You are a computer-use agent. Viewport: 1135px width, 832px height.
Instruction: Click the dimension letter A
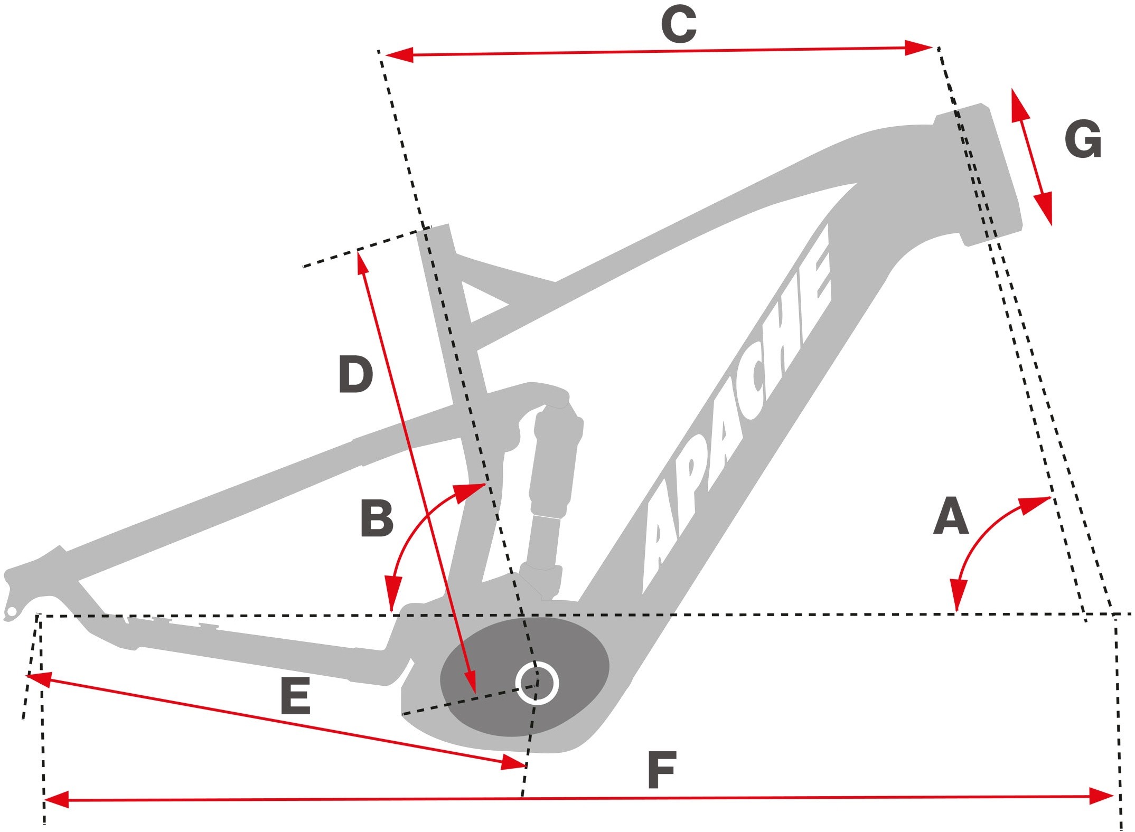coord(951,516)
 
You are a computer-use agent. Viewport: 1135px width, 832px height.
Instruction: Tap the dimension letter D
coord(355,374)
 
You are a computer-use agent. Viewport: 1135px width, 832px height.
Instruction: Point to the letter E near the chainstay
coord(295,696)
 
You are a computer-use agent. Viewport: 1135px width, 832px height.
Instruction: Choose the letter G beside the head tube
coord(1083,139)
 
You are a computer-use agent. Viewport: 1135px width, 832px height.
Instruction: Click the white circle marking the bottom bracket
coord(537,683)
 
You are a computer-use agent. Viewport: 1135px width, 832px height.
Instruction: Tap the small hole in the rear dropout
coord(11,612)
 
